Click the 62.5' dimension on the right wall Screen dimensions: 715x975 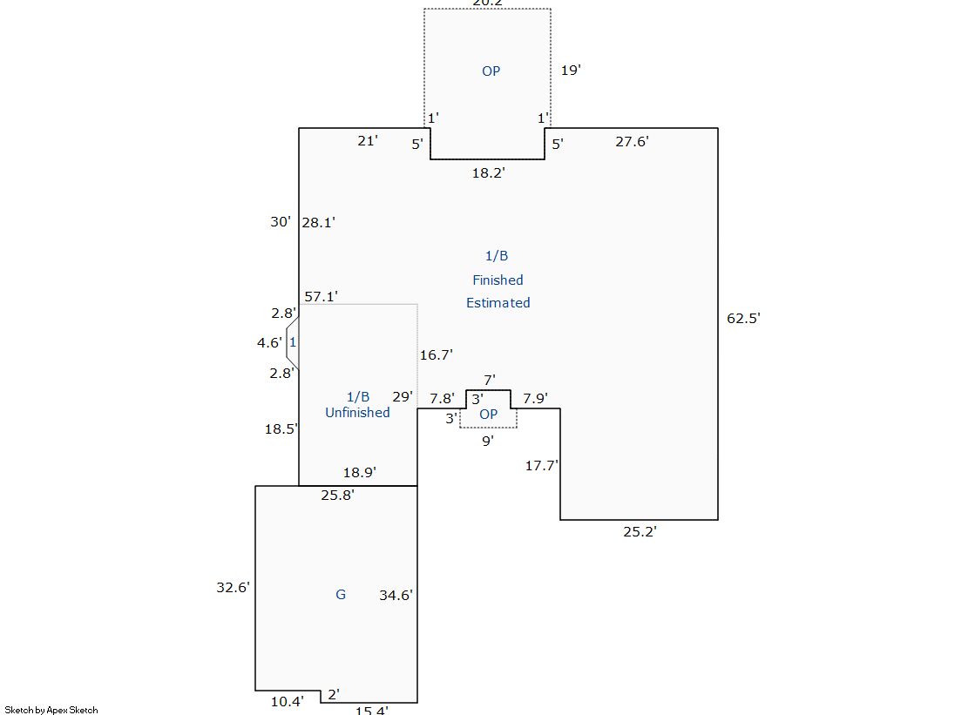pos(743,319)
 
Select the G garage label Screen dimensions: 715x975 pos(341,595)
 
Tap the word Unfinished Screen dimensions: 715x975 pos(357,413)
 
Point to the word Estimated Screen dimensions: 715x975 pos(498,303)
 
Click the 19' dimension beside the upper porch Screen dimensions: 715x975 pos(570,71)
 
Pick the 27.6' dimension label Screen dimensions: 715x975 pos(632,141)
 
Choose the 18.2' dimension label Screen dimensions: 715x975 pos(488,173)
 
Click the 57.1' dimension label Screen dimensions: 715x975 pos(321,297)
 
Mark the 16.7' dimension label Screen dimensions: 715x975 pos(436,355)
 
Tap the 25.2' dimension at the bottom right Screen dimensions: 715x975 pos(640,531)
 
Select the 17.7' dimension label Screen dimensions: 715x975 pos(541,466)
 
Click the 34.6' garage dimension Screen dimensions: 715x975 pos(396,596)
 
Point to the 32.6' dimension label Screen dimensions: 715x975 pos(234,588)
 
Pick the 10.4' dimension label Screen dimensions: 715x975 pos(287,701)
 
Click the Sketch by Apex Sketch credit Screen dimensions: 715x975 pos(51,710)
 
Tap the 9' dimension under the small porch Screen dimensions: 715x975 pos(488,441)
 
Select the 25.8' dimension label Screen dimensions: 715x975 pos(337,496)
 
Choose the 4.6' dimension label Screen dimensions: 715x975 pos(268,343)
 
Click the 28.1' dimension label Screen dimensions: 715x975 pos(318,223)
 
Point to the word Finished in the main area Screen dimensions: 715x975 pos(498,280)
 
